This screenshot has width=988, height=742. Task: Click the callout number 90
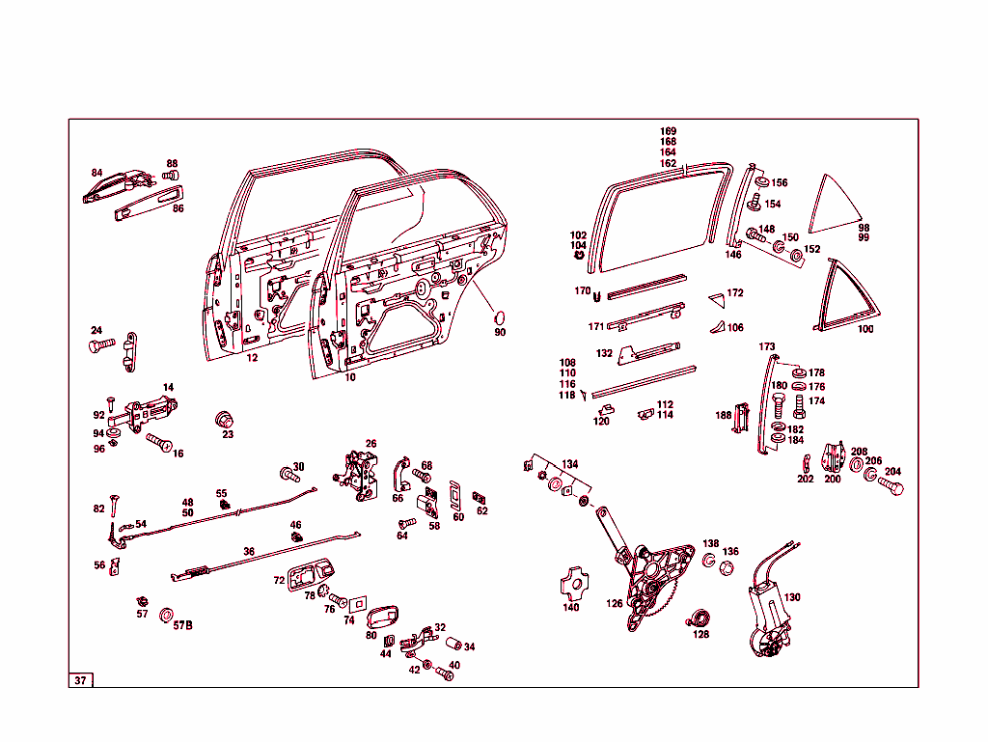[x=500, y=332]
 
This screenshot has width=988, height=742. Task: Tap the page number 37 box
[x=81, y=680]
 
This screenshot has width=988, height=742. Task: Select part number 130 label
[x=792, y=597]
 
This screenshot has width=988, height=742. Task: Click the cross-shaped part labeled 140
[x=574, y=584]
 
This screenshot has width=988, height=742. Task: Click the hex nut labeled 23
[x=224, y=420]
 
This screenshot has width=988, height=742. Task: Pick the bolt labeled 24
[x=101, y=344]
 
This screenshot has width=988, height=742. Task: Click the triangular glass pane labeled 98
[x=835, y=205]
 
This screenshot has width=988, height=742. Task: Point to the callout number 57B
[x=182, y=625]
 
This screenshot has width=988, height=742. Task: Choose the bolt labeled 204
[x=891, y=485]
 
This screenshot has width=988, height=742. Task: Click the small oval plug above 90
[x=498, y=316]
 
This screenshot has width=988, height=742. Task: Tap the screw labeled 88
[x=171, y=175]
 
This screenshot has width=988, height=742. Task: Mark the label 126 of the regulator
[x=615, y=603]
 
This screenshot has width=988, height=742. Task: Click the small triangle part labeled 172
[x=717, y=299]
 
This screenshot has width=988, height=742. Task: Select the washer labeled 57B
[x=166, y=615]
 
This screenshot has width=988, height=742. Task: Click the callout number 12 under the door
[x=252, y=358]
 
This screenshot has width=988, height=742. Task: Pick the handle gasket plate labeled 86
[x=150, y=204]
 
